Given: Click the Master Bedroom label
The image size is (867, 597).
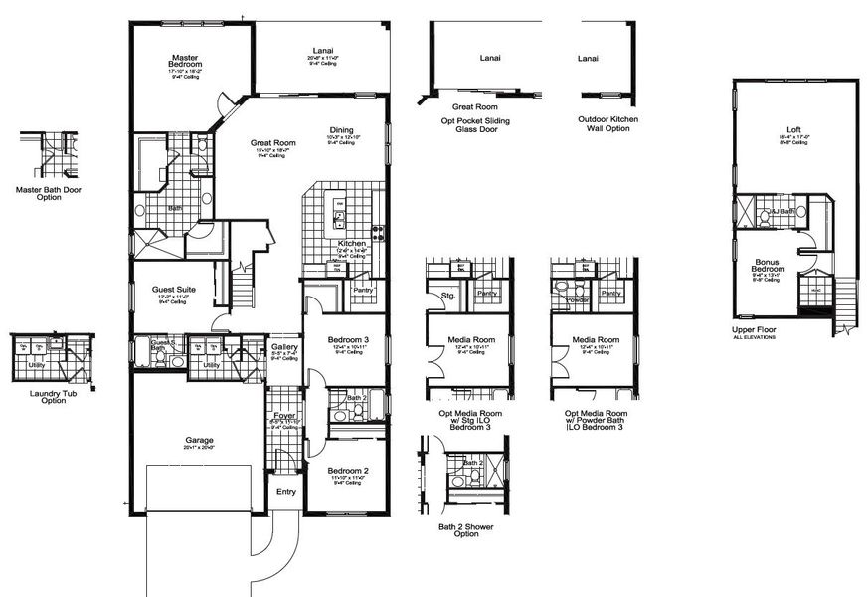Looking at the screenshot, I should (186, 62).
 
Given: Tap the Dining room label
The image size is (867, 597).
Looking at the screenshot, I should (341, 129).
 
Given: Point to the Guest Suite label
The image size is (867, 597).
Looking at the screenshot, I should (173, 290).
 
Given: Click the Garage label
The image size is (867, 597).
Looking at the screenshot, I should (199, 440).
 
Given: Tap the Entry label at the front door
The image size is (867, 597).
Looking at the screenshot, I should (286, 491).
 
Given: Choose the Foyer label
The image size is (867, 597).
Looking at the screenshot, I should (284, 415).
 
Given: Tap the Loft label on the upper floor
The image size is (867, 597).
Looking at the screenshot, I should (792, 130).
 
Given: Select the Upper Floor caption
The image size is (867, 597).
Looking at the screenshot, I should (753, 329).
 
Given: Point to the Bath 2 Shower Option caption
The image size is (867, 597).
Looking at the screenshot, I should (465, 529).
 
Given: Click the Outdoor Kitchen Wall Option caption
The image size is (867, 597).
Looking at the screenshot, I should (607, 123).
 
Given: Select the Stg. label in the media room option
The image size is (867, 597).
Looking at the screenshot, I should (448, 295).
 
